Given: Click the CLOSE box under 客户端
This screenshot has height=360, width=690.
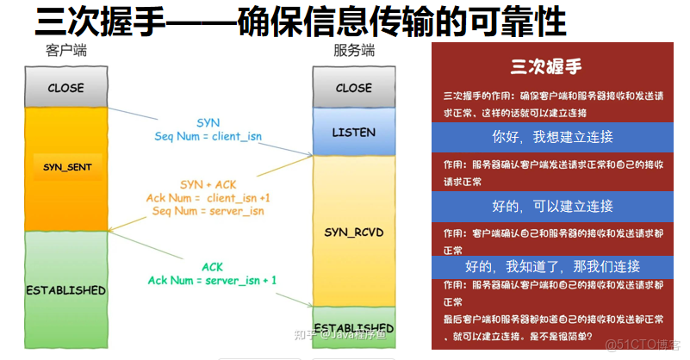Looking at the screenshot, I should [x=65, y=88].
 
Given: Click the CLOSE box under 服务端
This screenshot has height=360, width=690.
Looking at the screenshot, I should [x=353, y=88].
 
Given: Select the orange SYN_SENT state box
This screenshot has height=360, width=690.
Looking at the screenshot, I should [x=67, y=165].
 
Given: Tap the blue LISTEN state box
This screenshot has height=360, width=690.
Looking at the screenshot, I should [x=353, y=132].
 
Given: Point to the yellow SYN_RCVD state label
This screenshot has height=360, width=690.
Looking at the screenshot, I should [x=353, y=233].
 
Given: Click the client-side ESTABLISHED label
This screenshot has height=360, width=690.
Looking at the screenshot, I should [x=65, y=290].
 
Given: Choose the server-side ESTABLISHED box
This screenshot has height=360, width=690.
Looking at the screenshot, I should [x=353, y=328].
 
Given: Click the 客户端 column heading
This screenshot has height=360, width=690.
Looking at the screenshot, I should [x=65, y=51].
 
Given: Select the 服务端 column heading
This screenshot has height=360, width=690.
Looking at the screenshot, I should [x=353, y=51].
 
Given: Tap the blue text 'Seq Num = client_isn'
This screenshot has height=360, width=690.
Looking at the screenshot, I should [x=208, y=136].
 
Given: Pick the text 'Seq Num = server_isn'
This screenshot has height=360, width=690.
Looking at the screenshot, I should [x=208, y=211].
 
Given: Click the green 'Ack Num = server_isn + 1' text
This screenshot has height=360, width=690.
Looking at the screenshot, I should [x=212, y=280].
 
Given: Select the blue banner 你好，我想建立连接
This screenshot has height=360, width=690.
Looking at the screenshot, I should [x=552, y=137].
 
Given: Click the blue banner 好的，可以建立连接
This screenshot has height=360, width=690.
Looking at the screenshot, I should [x=552, y=206].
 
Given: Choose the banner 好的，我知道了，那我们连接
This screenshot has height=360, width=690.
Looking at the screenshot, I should [x=552, y=266].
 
